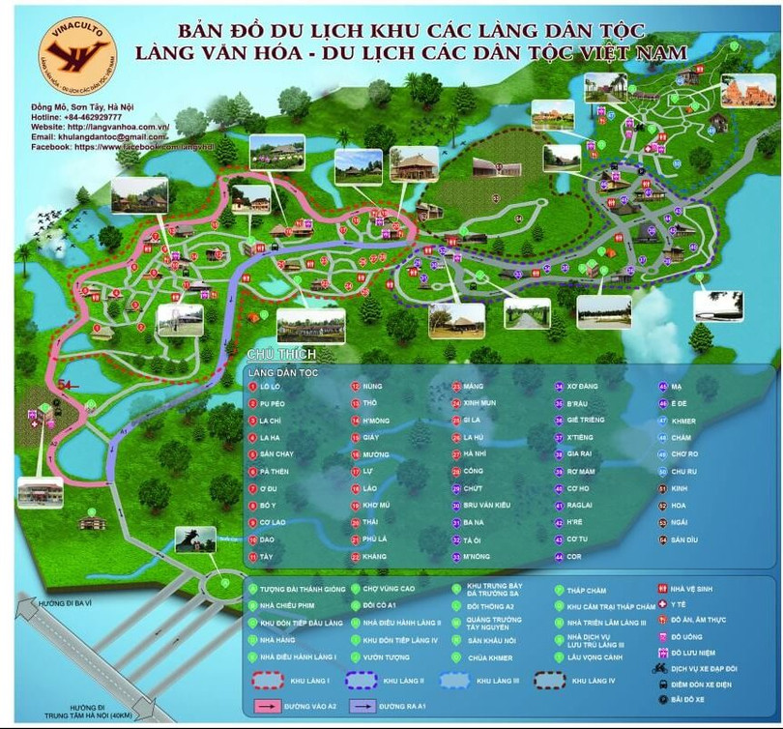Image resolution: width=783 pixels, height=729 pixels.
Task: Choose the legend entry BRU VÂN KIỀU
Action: click(x=484, y=506)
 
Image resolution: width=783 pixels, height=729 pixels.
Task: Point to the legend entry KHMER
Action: click(x=683, y=420)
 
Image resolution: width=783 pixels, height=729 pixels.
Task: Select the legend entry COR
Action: click(x=573, y=556)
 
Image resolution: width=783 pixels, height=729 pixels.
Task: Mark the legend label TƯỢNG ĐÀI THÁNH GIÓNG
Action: click(x=301, y=588)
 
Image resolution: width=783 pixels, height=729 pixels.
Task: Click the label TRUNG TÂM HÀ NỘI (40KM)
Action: click(x=60, y=715)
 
